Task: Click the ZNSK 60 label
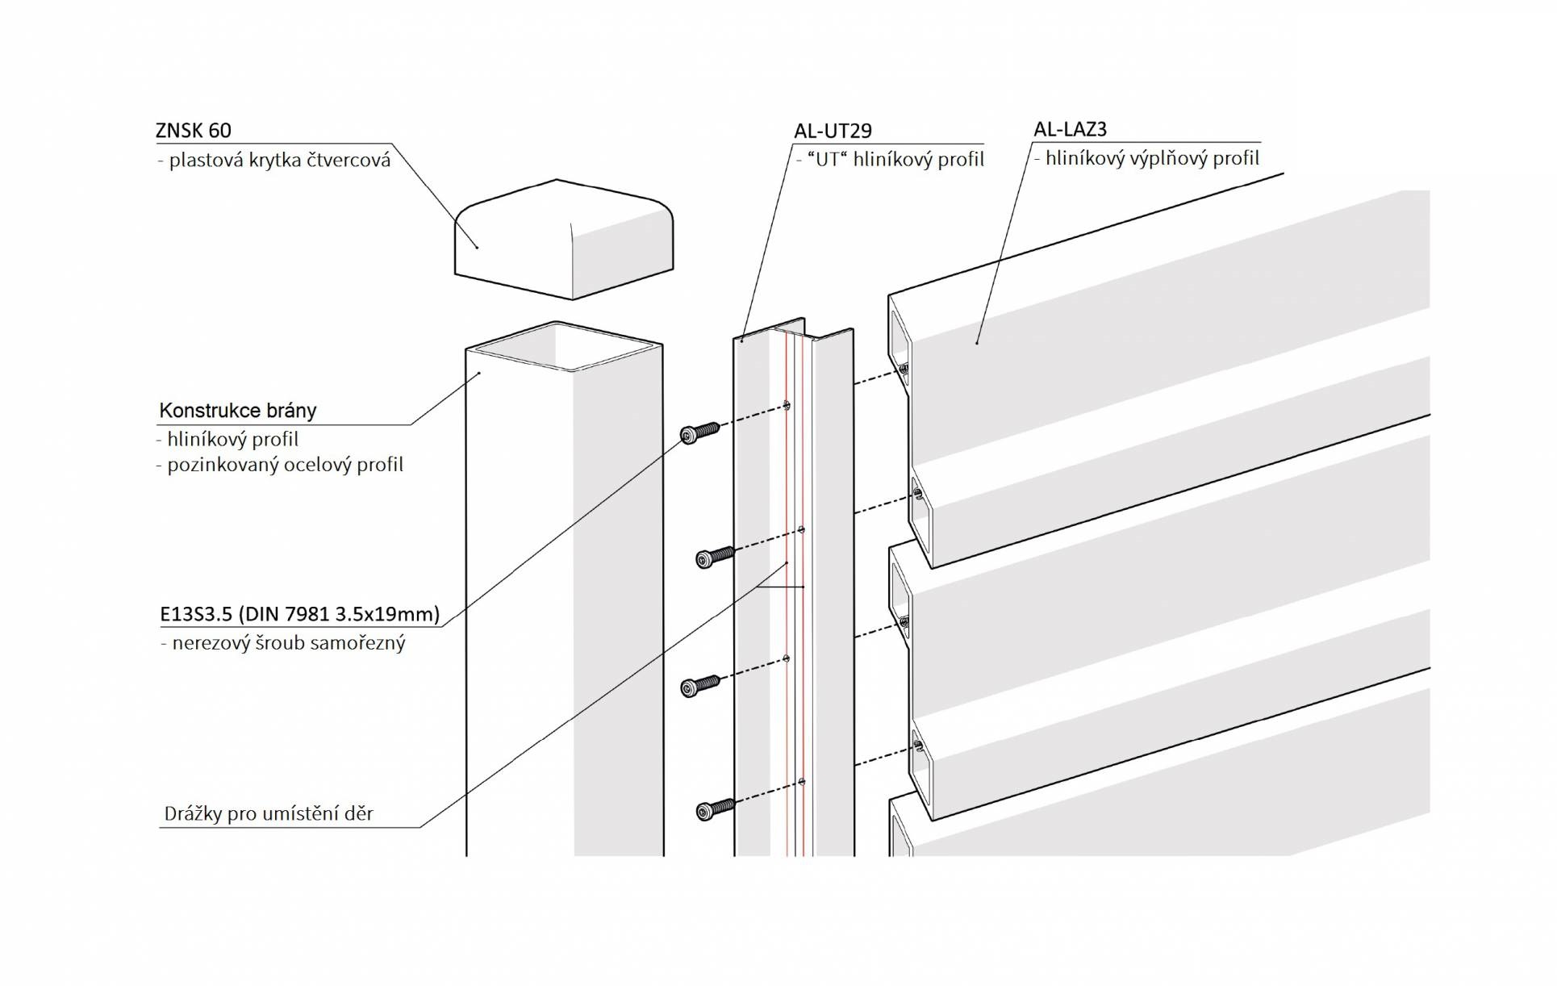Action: tap(193, 130)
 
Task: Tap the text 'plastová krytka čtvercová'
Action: tap(278, 160)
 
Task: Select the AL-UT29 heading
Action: tap(833, 131)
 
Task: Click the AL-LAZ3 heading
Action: tap(1070, 129)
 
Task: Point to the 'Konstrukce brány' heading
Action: tap(237, 410)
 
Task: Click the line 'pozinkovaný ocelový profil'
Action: tap(284, 465)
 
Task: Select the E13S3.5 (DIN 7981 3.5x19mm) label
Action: tap(299, 614)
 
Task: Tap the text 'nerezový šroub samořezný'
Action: tap(287, 643)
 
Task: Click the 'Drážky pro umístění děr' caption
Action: tap(269, 813)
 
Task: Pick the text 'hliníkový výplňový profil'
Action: tap(1151, 158)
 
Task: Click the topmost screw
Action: tap(698, 432)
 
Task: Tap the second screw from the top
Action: tap(714, 556)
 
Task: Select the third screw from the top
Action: tap(699, 686)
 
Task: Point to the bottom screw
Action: tap(715, 808)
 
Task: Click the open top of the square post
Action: tap(564, 347)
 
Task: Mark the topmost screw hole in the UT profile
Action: tap(787, 405)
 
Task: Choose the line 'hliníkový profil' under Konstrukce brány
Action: tap(232, 439)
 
